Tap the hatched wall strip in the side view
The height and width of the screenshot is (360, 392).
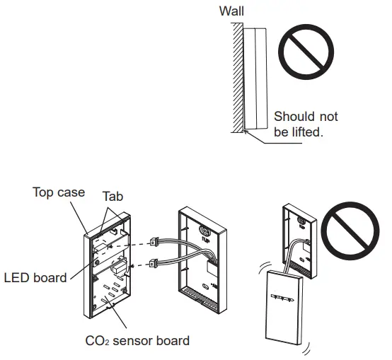coord(238,78)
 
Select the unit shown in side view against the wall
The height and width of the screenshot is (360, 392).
coord(256,78)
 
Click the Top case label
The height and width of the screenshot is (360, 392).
coord(59,192)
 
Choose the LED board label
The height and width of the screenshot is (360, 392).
coord(35,277)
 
